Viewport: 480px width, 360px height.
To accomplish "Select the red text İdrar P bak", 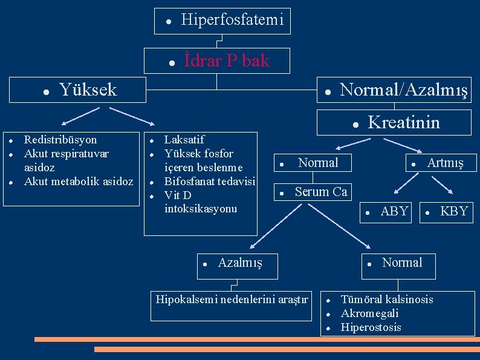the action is click(227, 61).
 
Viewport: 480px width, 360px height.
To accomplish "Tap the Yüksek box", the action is click(88, 90).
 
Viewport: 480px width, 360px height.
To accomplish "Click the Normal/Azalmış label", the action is click(404, 90).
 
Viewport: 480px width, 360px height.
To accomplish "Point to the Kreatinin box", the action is click(404, 123).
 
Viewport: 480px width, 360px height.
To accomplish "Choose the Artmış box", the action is click(445, 163).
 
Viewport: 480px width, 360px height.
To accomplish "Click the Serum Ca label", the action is click(321, 192).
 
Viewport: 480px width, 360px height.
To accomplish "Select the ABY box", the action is click(394, 211).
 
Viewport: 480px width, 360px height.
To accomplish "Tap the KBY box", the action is click(454, 211).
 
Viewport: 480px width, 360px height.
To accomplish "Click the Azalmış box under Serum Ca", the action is click(239, 263).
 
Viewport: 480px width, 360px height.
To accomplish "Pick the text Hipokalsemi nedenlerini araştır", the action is click(232, 299).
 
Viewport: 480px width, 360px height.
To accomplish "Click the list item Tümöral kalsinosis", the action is click(387, 299).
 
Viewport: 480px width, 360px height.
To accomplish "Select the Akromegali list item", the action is click(370, 313).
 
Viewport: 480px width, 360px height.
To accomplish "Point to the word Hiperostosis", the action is click(371, 327).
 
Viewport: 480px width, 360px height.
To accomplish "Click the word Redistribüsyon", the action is click(60, 140).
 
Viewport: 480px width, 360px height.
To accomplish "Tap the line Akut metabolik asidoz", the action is click(79, 182).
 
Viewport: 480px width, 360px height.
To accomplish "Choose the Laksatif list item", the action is click(184, 140).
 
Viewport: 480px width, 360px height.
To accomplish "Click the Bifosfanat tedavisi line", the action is click(210, 182).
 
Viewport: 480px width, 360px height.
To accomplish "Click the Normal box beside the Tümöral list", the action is click(402, 263).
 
